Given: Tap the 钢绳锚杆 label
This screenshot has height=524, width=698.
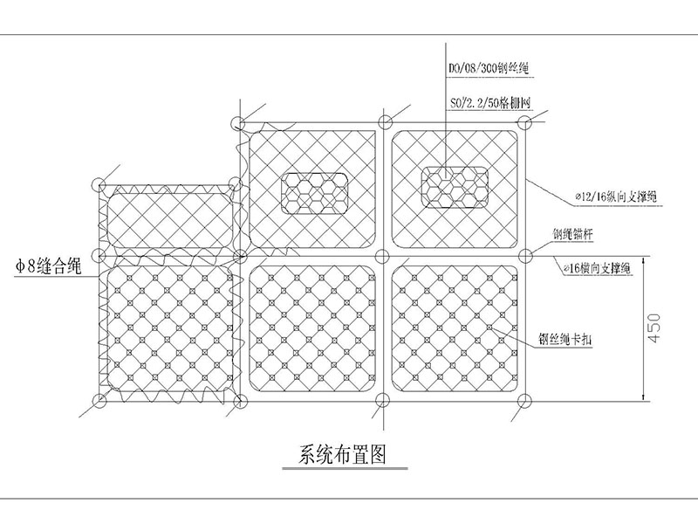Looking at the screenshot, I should click(574, 235).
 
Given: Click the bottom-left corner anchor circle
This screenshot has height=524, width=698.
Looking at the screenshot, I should click(99, 402).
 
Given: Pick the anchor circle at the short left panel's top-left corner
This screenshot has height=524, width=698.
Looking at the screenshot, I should click(99, 185).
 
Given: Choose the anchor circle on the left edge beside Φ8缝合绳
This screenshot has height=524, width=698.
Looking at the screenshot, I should click(99, 255).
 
